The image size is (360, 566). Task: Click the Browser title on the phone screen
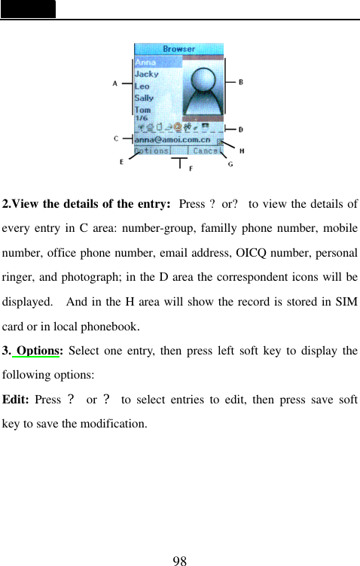click(x=179, y=49)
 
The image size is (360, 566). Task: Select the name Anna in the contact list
click(x=146, y=62)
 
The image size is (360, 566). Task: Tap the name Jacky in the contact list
click(x=147, y=74)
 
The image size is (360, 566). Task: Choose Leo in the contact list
click(x=142, y=86)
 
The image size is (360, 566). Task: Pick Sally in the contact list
click(x=144, y=98)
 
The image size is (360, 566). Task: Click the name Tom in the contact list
click(x=142, y=110)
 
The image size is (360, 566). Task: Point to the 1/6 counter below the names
click(x=142, y=118)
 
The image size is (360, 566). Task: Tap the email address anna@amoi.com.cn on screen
click(x=172, y=139)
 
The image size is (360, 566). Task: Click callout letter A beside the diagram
click(x=115, y=84)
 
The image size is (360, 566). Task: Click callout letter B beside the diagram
click(x=240, y=82)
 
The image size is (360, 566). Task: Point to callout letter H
click(x=241, y=151)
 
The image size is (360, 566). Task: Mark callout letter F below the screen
click(x=190, y=169)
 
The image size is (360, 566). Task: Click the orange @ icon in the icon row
click(x=178, y=127)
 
